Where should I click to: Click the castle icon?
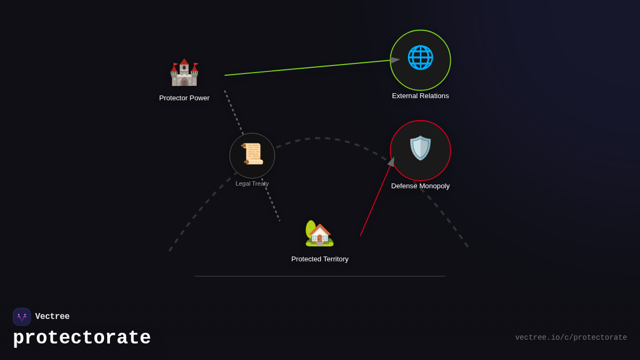coord(184,73)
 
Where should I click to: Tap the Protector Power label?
coord(184,98)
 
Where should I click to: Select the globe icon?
coord(420,58)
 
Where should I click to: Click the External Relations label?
coord(420,96)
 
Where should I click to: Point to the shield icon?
coord(420,148)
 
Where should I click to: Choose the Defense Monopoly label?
coord(420,186)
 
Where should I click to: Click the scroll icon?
coord(252,154)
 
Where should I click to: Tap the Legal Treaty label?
coord(252,183)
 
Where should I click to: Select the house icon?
coord(319,234)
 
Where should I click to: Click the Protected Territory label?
coord(320,259)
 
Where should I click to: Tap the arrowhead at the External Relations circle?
coord(395,60)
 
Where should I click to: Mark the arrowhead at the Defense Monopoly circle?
coord(391,162)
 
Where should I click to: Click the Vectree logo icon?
coord(22,317)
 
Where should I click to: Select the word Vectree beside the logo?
coord(52,317)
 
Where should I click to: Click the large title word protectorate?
coord(82,338)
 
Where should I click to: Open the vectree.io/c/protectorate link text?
coord(571,338)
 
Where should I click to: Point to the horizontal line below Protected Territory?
coord(320,276)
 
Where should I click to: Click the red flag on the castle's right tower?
coord(196,65)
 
